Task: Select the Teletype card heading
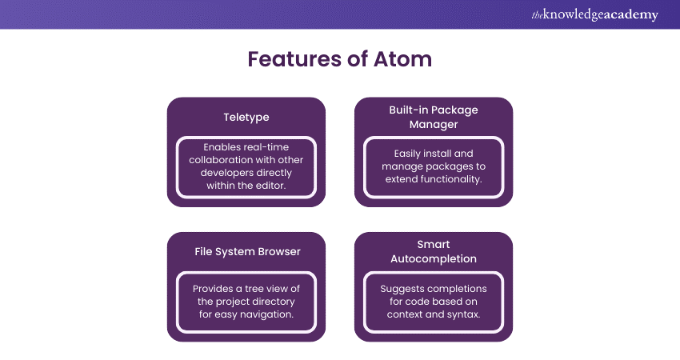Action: coord(246,117)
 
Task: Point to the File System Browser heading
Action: coord(246,251)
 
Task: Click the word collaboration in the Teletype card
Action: coord(223,159)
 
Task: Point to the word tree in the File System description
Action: coord(265,289)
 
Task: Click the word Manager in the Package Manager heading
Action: coord(434,124)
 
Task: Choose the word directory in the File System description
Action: coord(272,302)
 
